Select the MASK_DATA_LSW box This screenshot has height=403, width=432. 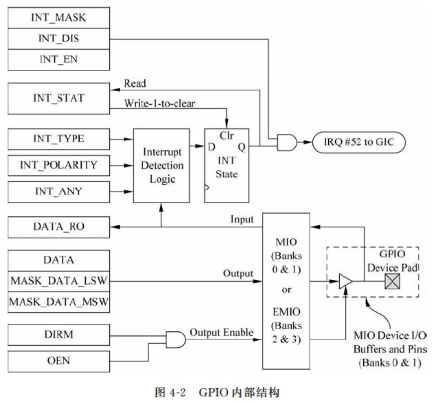(x=59, y=281)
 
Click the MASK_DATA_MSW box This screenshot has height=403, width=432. (x=59, y=302)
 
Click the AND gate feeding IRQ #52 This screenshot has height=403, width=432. (x=288, y=143)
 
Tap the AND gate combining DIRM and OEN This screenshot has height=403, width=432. (x=176, y=340)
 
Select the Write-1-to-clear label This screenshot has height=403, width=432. (x=160, y=104)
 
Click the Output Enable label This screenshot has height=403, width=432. (x=221, y=332)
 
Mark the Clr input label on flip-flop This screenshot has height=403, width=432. (x=226, y=135)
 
